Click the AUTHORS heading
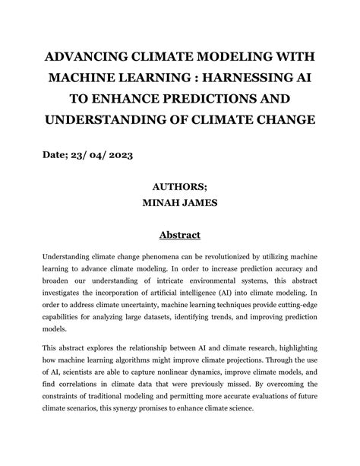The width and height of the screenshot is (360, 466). click(x=180, y=187)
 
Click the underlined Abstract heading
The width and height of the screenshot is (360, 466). click(x=180, y=236)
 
